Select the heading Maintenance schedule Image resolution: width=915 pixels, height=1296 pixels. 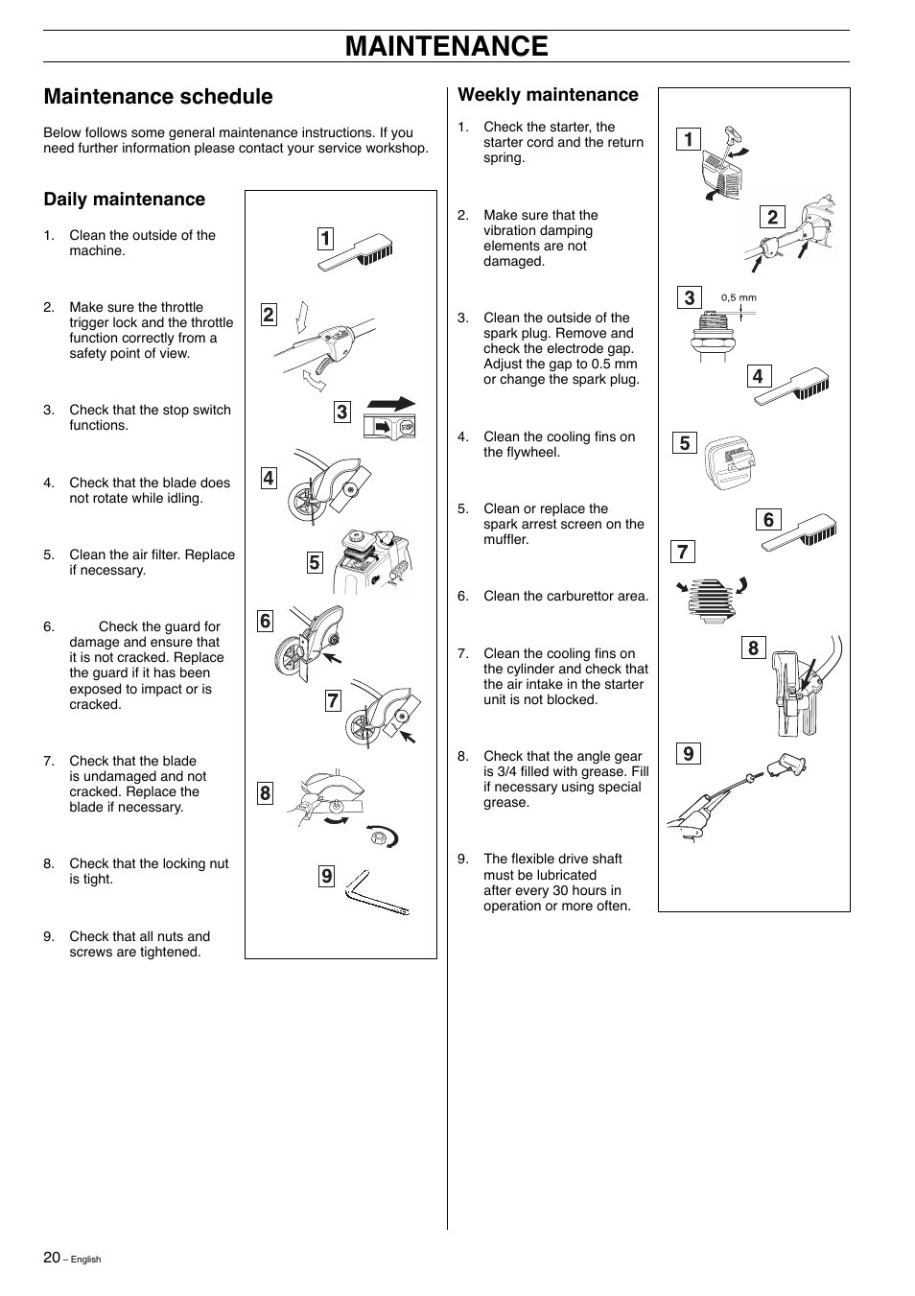tap(158, 97)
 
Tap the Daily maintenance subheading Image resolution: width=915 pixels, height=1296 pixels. tap(124, 200)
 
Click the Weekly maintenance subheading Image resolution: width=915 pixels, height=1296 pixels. tap(548, 95)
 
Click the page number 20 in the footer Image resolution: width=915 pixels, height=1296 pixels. tap(52, 1257)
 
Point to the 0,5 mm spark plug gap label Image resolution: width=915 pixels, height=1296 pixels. tap(739, 297)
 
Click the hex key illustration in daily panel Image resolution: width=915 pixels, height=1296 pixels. tap(376, 892)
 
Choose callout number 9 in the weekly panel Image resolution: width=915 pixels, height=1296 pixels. tap(688, 754)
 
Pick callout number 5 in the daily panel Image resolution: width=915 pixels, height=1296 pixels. tap(315, 563)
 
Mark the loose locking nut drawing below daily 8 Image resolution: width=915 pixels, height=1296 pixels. tap(379, 838)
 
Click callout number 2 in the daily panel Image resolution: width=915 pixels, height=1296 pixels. tap(269, 315)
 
